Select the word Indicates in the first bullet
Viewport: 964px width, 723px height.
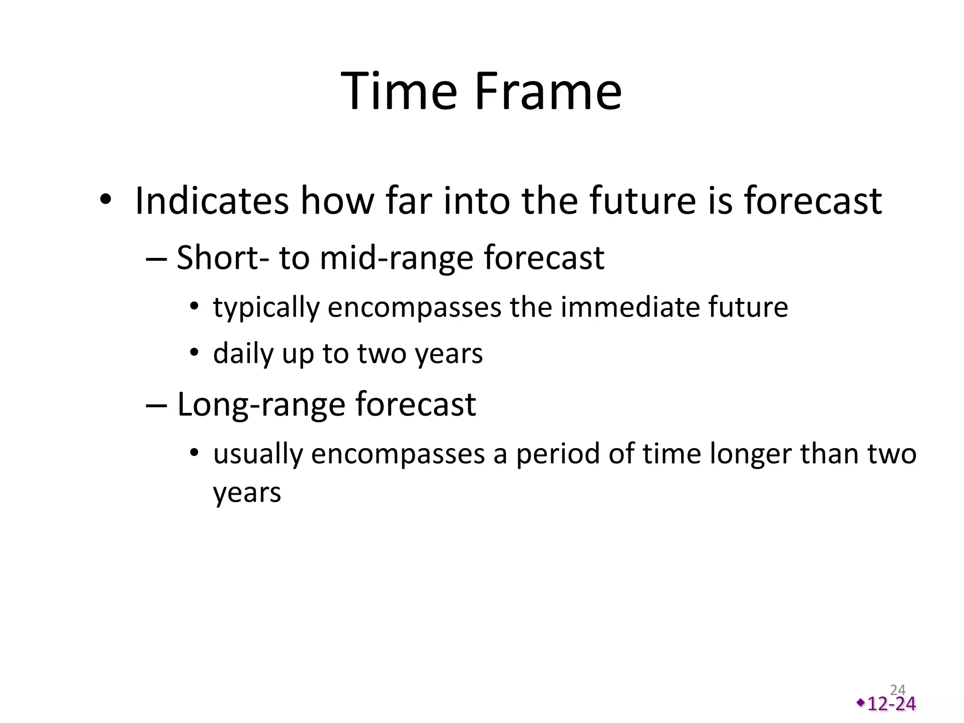[211, 201]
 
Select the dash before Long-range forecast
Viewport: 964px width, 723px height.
[156, 405]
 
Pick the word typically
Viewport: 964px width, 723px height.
[266, 308]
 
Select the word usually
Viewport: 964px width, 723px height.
[257, 455]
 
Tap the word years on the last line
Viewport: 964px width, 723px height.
[247, 493]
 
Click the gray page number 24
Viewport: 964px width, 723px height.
[898, 690]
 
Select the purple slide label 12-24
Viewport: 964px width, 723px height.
[892, 704]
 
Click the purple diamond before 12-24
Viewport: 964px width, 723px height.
[860, 703]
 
